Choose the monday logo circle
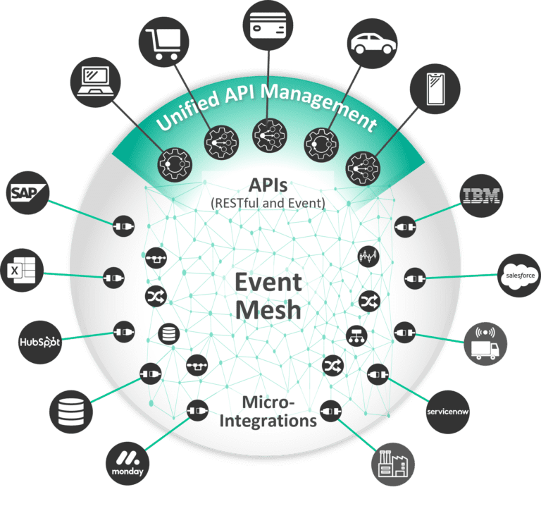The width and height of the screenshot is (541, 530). pyautogui.click(x=128, y=462)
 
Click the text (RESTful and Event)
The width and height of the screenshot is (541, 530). pyautogui.click(x=268, y=204)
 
